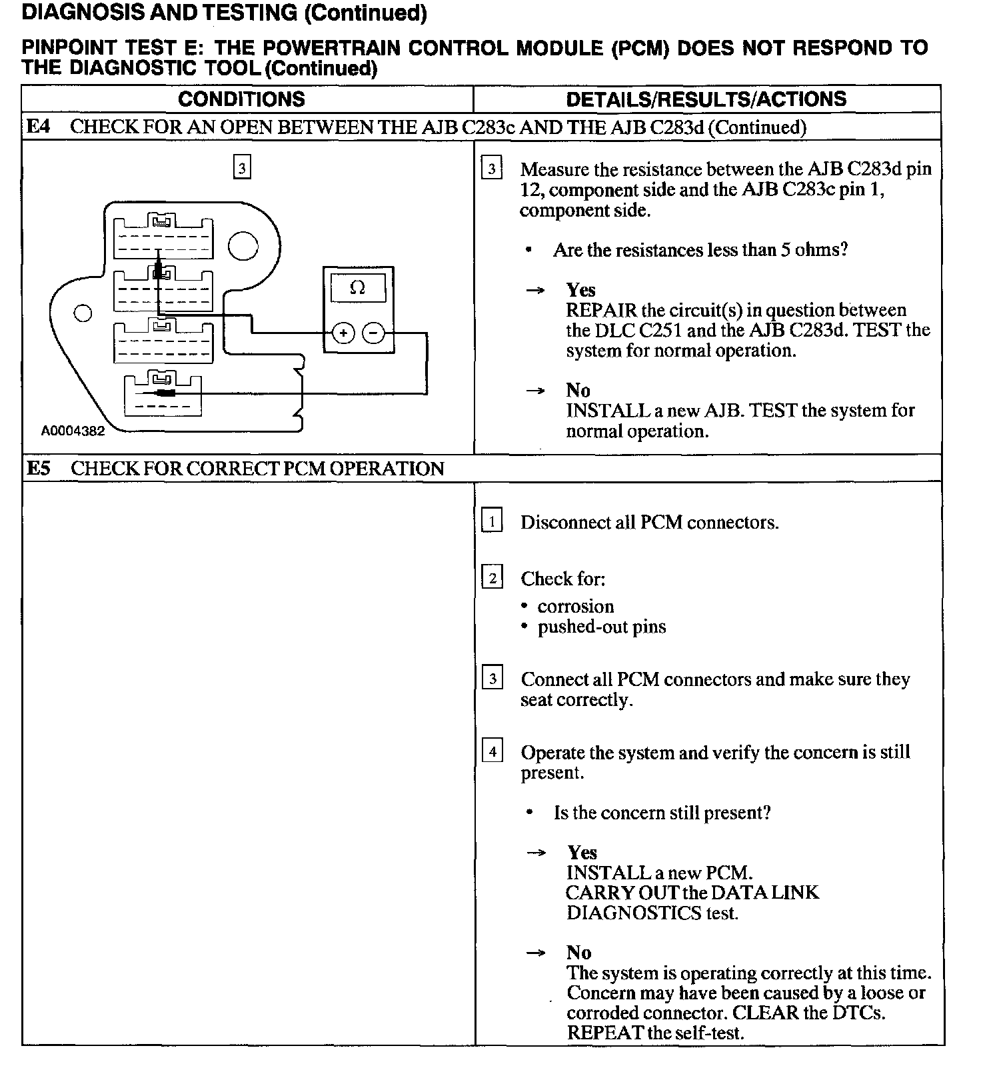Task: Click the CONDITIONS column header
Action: (241, 99)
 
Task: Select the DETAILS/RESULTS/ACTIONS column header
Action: (706, 99)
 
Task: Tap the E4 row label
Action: (38, 127)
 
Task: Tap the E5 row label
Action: (39, 468)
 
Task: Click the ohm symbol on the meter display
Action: (357, 288)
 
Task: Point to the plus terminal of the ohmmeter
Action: (343, 333)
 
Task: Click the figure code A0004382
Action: (73, 431)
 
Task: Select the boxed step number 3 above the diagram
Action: (242, 167)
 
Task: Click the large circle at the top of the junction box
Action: (243, 246)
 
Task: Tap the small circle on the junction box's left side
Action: (83, 313)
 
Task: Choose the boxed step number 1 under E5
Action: (492, 521)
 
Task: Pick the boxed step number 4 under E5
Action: (492, 752)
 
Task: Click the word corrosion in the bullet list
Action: (575, 606)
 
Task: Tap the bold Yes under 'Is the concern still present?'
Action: (582, 852)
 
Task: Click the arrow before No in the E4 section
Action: (535, 390)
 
